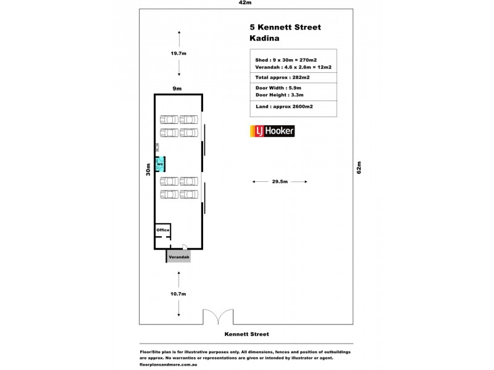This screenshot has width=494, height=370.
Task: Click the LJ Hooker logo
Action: [x=272, y=131]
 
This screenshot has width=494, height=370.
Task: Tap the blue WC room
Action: [x=159, y=165]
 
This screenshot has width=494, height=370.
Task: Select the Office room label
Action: [x=162, y=230]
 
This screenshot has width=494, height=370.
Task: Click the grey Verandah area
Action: [x=178, y=257]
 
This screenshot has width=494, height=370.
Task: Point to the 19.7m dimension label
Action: [x=178, y=54]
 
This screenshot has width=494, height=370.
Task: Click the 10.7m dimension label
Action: [x=178, y=294]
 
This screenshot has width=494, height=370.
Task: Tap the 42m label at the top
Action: [x=246, y=3]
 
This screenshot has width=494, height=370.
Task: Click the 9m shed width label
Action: [x=177, y=89]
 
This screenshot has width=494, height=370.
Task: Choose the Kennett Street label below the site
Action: [x=246, y=334]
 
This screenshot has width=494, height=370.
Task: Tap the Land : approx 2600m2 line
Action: [x=284, y=107]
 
